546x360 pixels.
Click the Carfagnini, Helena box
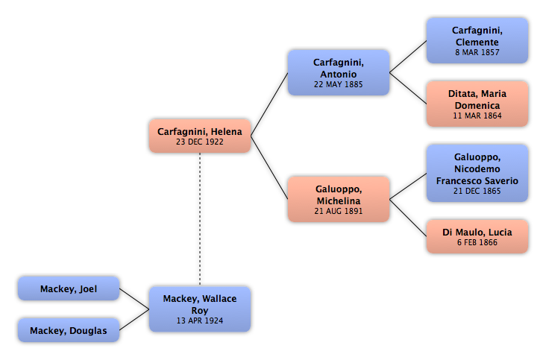tap(200, 136)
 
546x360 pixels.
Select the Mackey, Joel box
tap(69, 288)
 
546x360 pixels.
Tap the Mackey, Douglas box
tap(69, 330)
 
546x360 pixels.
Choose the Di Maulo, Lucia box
tap(477, 236)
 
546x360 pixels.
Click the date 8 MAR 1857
tap(477, 52)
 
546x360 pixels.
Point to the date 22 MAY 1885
tap(339, 84)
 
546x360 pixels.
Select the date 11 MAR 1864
tap(477, 116)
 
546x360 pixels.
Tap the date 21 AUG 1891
tap(339, 211)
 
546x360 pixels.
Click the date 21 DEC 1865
tap(477, 191)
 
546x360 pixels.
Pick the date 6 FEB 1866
tap(477, 242)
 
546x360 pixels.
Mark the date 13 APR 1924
tap(200, 320)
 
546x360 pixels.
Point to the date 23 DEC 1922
tap(200, 142)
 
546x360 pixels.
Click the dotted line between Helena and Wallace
tap(200, 219)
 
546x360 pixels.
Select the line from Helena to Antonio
tap(269, 104)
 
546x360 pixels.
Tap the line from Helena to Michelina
tap(269, 168)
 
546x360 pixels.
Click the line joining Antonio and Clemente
tap(408, 57)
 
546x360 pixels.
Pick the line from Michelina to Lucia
tap(408, 218)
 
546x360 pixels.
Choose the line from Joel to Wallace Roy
tap(134, 299)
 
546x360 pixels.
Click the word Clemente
tap(477, 42)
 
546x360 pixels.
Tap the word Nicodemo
tap(477, 169)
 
